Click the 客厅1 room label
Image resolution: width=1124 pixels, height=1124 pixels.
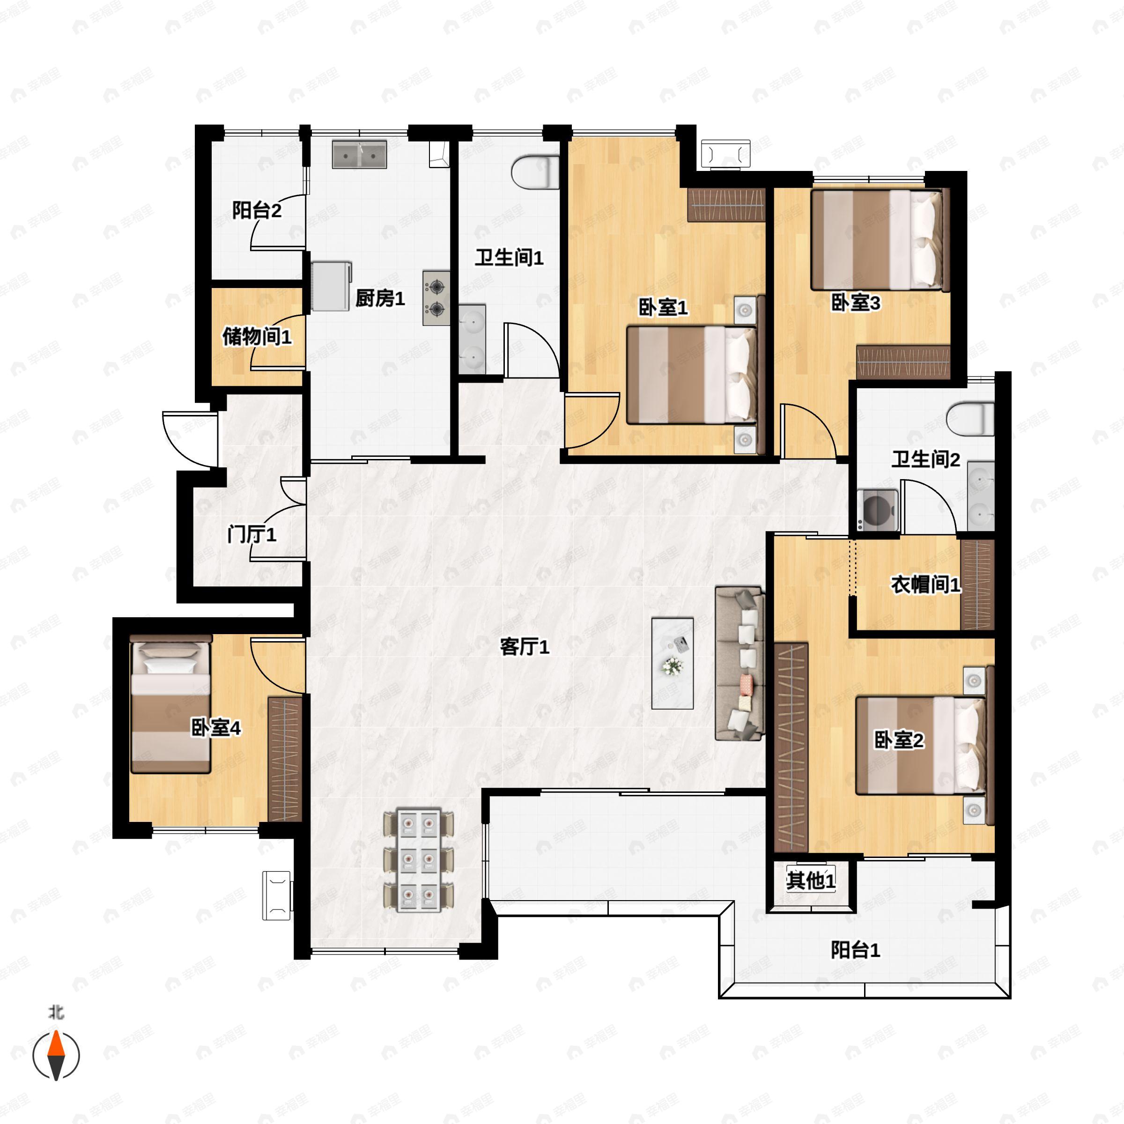525,646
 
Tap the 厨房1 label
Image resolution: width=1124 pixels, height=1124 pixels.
380,298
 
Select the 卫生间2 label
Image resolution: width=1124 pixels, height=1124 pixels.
925,459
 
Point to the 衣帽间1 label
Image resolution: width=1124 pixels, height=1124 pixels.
925,584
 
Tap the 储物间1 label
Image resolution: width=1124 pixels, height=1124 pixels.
257,336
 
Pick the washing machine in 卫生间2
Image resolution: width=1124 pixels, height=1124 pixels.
877,510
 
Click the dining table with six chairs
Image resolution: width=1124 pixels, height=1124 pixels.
419,860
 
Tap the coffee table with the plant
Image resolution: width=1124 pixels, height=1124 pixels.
673,663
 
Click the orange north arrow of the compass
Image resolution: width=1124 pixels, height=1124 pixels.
56,1044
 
